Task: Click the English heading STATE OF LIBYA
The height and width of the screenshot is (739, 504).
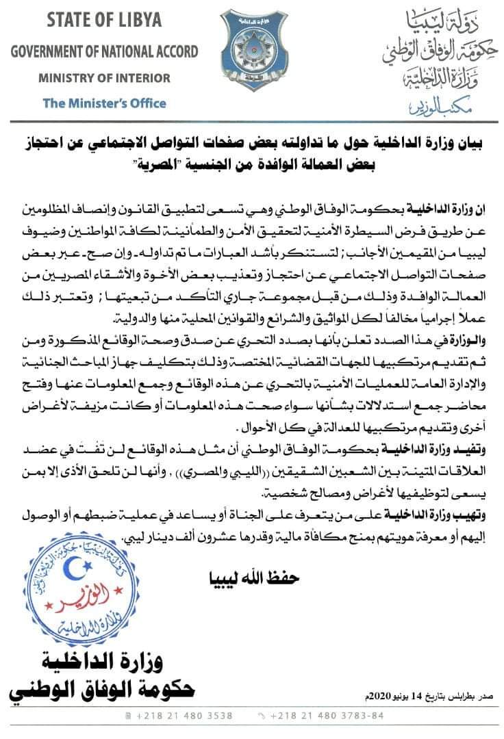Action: click(x=104, y=20)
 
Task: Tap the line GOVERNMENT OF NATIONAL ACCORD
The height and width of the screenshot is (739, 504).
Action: click(x=104, y=51)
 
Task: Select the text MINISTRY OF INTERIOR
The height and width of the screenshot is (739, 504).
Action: click(x=104, y=77)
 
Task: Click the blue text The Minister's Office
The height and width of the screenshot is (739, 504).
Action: click(x=104, y=103)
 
